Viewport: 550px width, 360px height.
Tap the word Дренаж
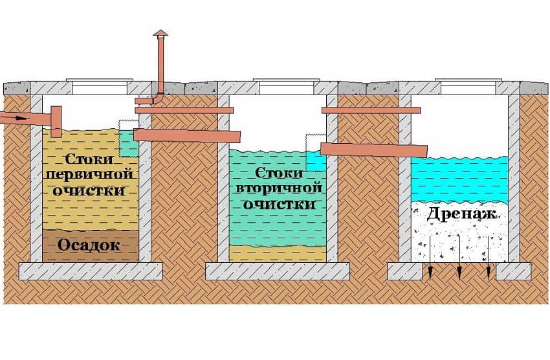(x=460, y=214)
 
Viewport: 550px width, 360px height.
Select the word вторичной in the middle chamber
(x=279, y=188)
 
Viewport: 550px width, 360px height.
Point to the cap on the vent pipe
(x=160, y=32)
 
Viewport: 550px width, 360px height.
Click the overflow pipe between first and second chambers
(x=188, y=135)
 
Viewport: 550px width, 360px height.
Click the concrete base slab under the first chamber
(x=90, y=271)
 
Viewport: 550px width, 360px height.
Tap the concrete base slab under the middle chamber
(x=278, y=271)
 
